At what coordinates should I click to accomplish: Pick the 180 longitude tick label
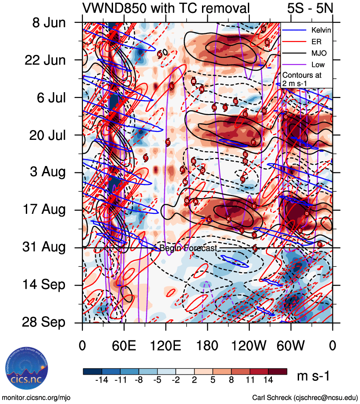tap(207, 346)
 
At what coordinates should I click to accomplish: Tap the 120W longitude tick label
tap(249, 346)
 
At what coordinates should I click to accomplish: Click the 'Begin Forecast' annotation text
tap(188, 248)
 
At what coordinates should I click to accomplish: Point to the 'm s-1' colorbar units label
tap(313, 376)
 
